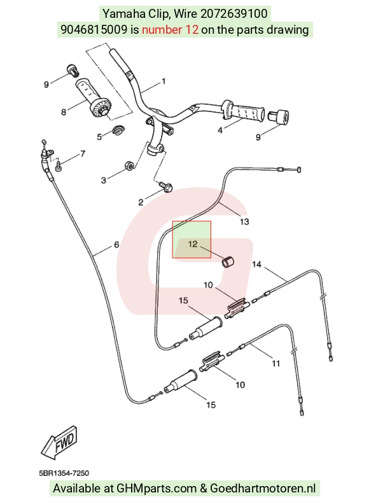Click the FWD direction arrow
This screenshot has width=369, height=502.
[x=59, y=443]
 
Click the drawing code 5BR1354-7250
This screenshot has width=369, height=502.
[x=64, y=473]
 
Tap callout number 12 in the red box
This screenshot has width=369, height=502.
[x=193, y=244]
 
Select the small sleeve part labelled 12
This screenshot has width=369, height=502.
[x=228, y=261]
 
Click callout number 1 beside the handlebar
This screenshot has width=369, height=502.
[x=164, y=82]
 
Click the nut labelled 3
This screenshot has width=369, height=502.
[x=129, y=166]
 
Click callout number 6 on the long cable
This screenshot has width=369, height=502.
[x=116, y=245]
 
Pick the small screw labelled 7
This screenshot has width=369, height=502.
[x=58, y=166]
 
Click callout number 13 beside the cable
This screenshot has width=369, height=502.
[x=244, y=222]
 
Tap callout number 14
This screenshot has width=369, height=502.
[x=257, y=264]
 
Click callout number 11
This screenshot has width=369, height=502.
[x=276, y=363]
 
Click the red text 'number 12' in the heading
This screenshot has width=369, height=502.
[x=170, y=30]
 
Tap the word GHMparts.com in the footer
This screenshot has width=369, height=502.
[x=157, y=488]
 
